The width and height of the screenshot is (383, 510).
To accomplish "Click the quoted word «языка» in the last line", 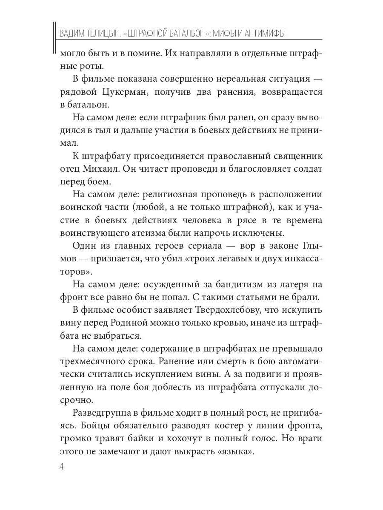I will [234, 451].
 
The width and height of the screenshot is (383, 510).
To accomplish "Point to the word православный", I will [221, 156].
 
